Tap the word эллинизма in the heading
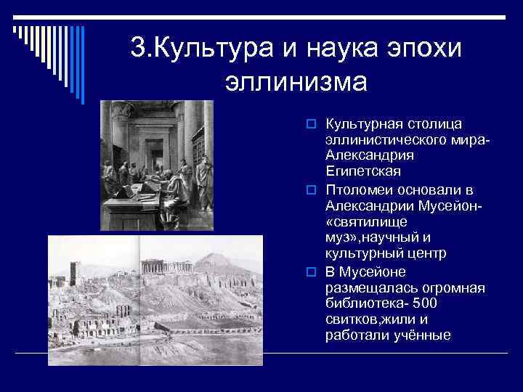[x=296, y=80]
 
